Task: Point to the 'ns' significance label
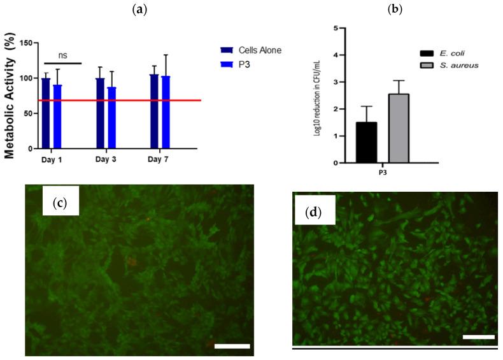click(61, 55)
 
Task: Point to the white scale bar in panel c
click(232, 346)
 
